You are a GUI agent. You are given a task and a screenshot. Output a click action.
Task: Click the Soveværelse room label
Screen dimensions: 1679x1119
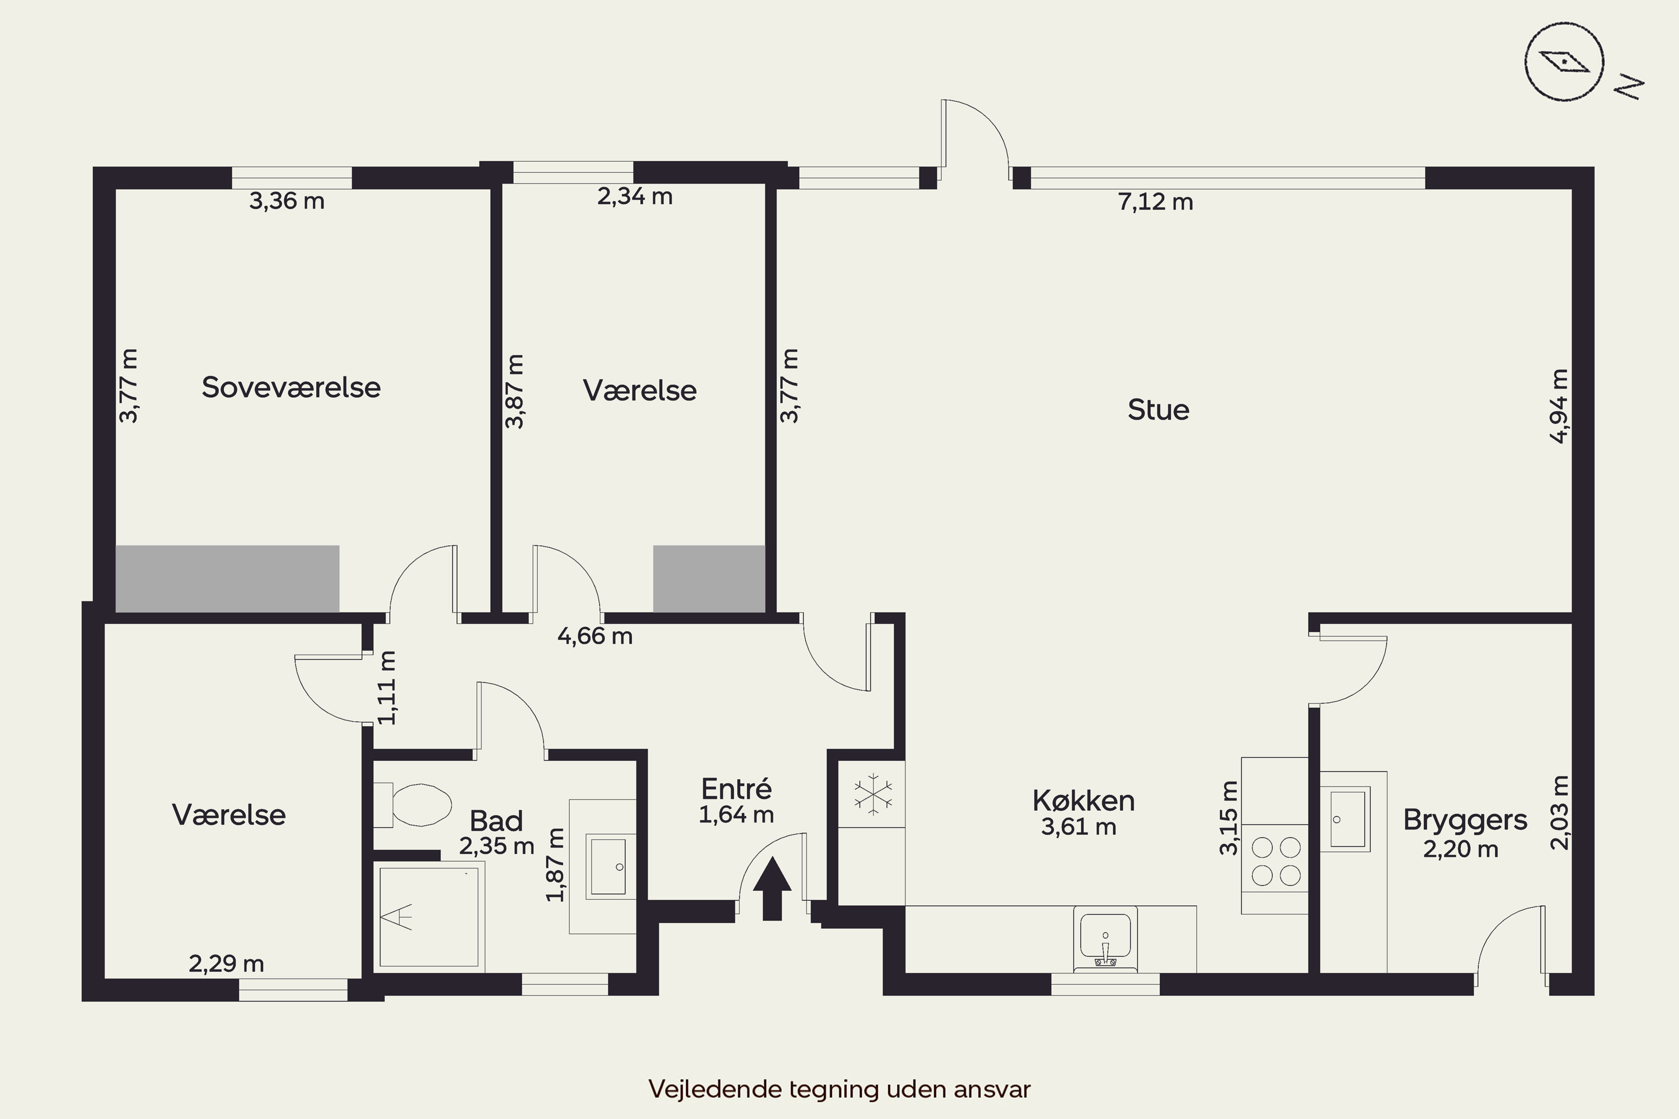(291, 388)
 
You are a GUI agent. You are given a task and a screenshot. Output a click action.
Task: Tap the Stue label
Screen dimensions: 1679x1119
(1159, 410)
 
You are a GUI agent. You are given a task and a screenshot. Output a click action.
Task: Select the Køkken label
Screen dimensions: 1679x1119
(1084, 801)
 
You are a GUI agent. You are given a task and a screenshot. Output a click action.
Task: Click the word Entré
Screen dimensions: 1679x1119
(736, 788)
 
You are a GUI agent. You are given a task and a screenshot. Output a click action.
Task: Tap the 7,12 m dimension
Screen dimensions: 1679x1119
(1156, 203)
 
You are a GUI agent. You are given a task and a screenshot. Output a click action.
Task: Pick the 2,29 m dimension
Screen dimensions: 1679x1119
(226, 964)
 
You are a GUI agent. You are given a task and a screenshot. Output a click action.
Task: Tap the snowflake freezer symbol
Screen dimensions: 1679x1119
(873, 793)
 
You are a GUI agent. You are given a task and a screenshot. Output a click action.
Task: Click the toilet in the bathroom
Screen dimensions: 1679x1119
(412, 805)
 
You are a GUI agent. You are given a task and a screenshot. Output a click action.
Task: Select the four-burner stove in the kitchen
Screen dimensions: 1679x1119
(1275, 862)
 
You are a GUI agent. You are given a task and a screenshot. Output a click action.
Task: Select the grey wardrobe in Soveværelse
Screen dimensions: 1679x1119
(228, 579)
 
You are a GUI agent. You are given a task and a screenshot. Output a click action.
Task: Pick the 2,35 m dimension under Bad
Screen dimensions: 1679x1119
(497, 847)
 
